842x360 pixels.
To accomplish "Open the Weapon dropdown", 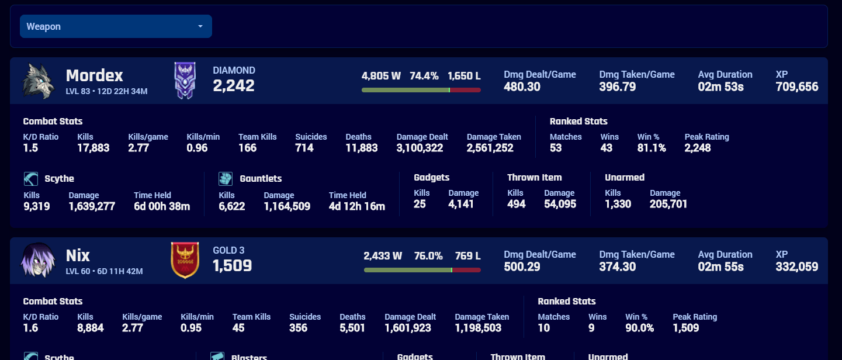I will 116,26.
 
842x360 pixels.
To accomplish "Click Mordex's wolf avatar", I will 38,81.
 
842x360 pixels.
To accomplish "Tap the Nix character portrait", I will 38,260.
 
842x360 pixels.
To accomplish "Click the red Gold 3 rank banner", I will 185,260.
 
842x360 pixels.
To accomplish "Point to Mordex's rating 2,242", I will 234,86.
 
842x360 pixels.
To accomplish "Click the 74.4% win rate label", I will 424,76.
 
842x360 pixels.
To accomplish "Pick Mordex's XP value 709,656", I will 797,87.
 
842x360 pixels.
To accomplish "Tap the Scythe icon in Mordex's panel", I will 31,178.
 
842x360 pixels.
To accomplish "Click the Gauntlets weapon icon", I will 226,178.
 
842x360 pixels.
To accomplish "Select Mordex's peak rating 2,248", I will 698,148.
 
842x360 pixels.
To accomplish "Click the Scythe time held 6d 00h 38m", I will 162,206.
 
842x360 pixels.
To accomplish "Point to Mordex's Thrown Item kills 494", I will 517,204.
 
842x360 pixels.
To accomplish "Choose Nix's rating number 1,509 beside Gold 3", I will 232,266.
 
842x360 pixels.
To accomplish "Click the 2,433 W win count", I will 383,256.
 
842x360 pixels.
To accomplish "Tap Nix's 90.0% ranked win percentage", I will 639,328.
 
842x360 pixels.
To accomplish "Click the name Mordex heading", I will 95,75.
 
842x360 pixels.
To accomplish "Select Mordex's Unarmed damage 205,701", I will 668,204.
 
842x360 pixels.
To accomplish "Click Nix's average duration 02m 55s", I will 720,267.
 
